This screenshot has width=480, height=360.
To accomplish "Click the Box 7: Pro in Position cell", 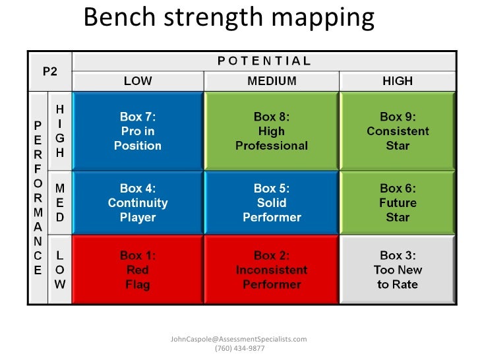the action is [x=138, y=131].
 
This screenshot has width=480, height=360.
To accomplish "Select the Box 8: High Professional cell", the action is [x=272, y=131].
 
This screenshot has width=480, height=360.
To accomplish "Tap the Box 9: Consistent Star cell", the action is [x=398, y=131].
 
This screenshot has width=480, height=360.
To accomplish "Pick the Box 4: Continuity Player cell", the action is [x=138, y=202].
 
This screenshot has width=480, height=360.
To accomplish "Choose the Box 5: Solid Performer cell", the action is [x=272, y=202].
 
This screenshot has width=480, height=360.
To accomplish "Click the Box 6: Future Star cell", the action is [x=398, y=202].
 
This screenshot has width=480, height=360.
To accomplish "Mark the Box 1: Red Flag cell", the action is [x=138, y=270].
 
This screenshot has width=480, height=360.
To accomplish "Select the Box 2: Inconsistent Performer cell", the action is [x=272, y=270].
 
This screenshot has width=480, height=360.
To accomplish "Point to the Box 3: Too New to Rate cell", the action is [x=398, y=270].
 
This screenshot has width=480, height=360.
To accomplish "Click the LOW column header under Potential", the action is [x=138, y=81].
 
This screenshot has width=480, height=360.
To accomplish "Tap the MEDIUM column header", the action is [x=272, y=81].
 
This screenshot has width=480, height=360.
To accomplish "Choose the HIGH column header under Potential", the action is [x=398, y=81].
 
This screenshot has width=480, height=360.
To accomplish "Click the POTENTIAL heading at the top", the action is [x=264, y=61].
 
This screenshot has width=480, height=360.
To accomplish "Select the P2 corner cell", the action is [x=50, y=71].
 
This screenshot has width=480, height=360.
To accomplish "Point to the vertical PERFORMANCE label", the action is [x=38, y=198].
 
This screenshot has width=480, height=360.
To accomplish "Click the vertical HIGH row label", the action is [x=60, y=131].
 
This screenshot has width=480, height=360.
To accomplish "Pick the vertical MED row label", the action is [x=60, y=202].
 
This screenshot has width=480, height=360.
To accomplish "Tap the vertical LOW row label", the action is [x=60, y=270].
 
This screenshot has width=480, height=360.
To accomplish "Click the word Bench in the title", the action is [x=117, y=18].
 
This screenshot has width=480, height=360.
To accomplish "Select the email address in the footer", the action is [x=239, y=339].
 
